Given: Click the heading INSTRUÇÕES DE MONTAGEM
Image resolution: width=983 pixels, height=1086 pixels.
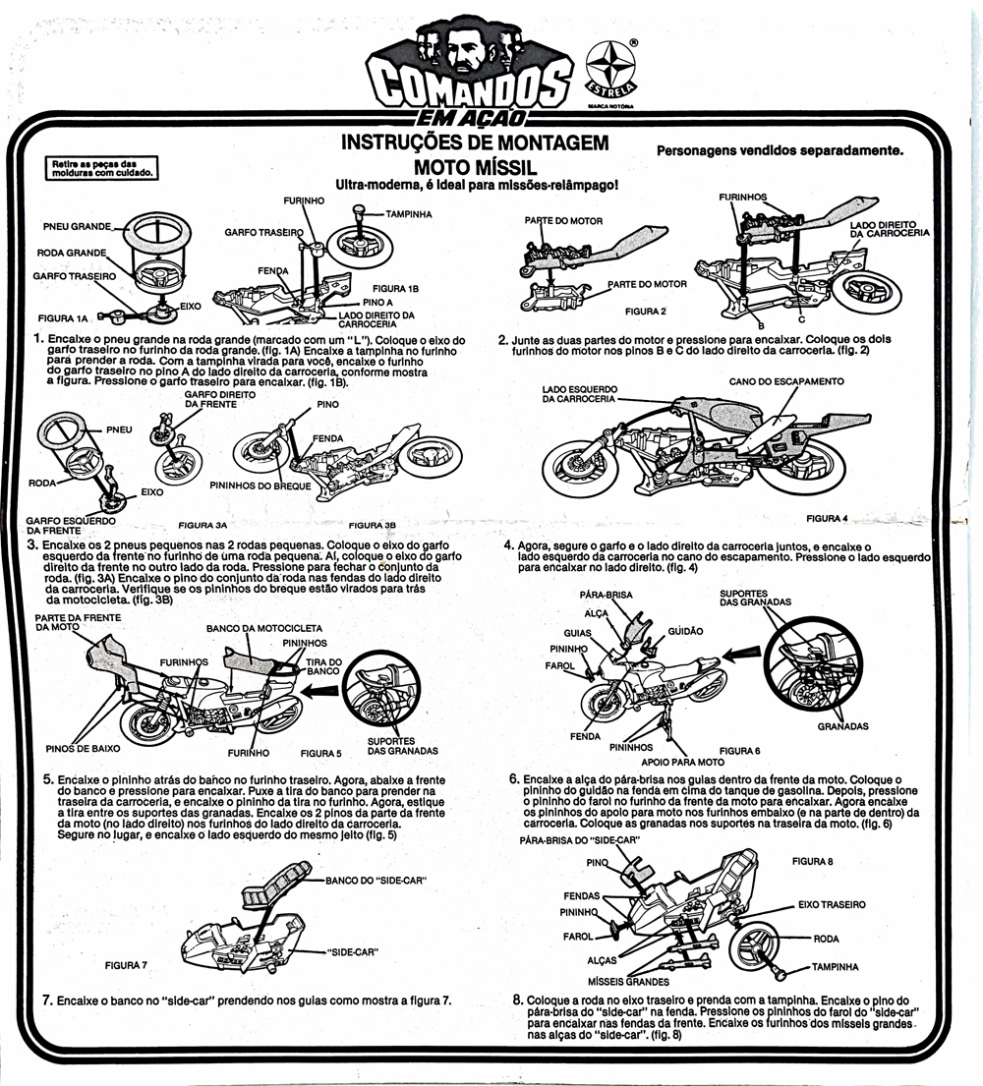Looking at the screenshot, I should tap(475, 143).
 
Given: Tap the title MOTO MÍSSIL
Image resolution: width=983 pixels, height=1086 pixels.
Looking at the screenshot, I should tap(475, 165).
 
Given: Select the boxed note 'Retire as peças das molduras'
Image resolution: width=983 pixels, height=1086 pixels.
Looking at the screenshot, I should tap(99, 168).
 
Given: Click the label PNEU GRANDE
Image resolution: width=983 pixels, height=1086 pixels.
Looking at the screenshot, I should tap(77, 226).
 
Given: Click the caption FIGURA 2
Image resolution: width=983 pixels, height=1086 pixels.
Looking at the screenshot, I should tap(646, 311).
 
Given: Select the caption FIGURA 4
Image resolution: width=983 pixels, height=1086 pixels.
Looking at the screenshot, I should tap(826, 518).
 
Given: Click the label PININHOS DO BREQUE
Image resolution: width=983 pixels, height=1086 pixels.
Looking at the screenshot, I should tap(260, 486).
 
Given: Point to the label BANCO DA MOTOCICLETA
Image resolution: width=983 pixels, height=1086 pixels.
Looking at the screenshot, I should tap(263, 627).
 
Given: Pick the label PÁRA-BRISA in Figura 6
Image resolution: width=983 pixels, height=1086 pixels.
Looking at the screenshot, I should tap(606, 596).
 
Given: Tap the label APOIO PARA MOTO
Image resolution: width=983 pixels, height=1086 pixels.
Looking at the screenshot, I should tap(682, 762).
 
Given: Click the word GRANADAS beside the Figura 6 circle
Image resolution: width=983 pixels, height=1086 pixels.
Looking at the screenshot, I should tap(842, 727).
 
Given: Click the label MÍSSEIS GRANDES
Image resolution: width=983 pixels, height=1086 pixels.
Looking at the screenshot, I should tap(628, 982).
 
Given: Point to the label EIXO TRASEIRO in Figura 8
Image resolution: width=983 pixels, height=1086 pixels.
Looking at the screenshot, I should tap(832, 903).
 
